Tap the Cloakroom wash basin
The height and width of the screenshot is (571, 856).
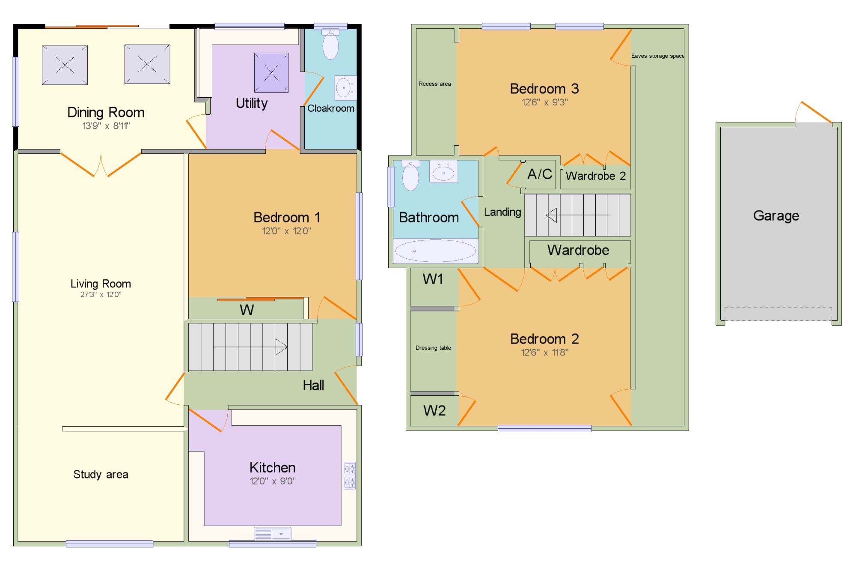(345, 88)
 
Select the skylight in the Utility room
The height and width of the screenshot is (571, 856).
(271, 72)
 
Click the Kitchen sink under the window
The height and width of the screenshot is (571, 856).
(273, 533)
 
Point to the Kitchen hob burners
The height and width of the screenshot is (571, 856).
(350, 475)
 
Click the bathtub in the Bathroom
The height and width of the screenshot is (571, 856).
(435, 251)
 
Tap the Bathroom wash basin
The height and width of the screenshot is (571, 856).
(443, 172)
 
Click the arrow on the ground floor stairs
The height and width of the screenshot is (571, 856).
(281, 347)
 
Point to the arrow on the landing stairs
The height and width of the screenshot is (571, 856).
(552, 215)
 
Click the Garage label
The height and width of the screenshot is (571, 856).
(776, 215)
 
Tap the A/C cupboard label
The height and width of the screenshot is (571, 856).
(540, 174)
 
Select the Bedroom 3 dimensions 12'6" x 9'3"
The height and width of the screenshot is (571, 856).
(544, 102)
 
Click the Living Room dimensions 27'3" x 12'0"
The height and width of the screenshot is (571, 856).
(101, 295)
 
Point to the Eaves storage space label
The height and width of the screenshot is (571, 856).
(657, 56)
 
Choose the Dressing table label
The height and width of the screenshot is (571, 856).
(433, 348)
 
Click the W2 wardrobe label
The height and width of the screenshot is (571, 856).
(434, 411)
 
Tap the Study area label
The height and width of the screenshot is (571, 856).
(101, 474)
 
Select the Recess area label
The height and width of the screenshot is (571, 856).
(435, 84)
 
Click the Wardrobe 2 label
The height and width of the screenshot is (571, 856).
(595, 176)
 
